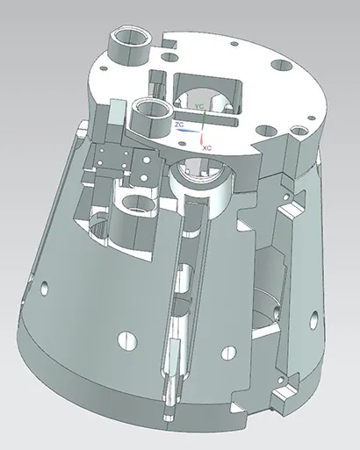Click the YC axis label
(x=199, y=106)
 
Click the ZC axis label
(x=179, y=125)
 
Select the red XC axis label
(x=207, y=149)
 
